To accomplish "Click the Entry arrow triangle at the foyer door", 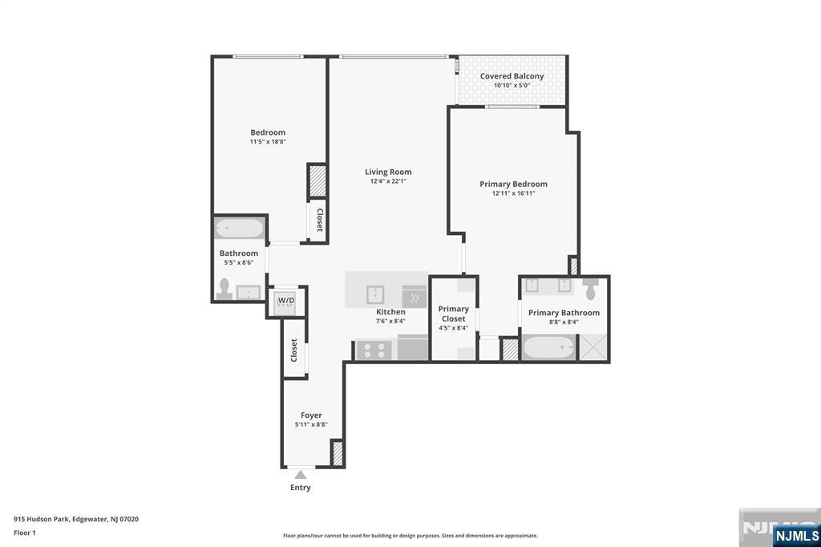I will pyautogui.click(x=300, y=475).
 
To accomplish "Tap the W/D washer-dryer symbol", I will pyautogui.click(x=286, y=301).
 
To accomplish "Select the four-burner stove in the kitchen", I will pyautogui.click(x=374, y=350).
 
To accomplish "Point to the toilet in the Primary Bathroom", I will pyautogui.click(x=592, y=289).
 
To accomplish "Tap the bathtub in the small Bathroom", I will pyautogui.click(x=240, y=229).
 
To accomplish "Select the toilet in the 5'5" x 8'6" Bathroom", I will pyautogui.click(x=224, y=289).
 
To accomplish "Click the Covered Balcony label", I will pyautogui.click(x=512, y=76).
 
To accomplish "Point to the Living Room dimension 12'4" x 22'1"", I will pyautogui.click(x=388, y=181).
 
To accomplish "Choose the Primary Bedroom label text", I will pyautogui.click(x=513, y=184).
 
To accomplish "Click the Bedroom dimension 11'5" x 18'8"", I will pyautogui.click(x=268, y=142).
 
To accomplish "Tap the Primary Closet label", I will pyautogui.click(x=453, y=314).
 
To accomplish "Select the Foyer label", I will pyautogui.click(x=311, y=415).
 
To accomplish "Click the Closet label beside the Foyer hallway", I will pyautogui.click(x=294, y=350).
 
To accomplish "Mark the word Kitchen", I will pyautogui.click(x=391, y=312).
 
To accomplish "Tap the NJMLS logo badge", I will pyautogui.click(x=796, y=536).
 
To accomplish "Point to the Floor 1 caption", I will pyautogui.click(x=25, y=533).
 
